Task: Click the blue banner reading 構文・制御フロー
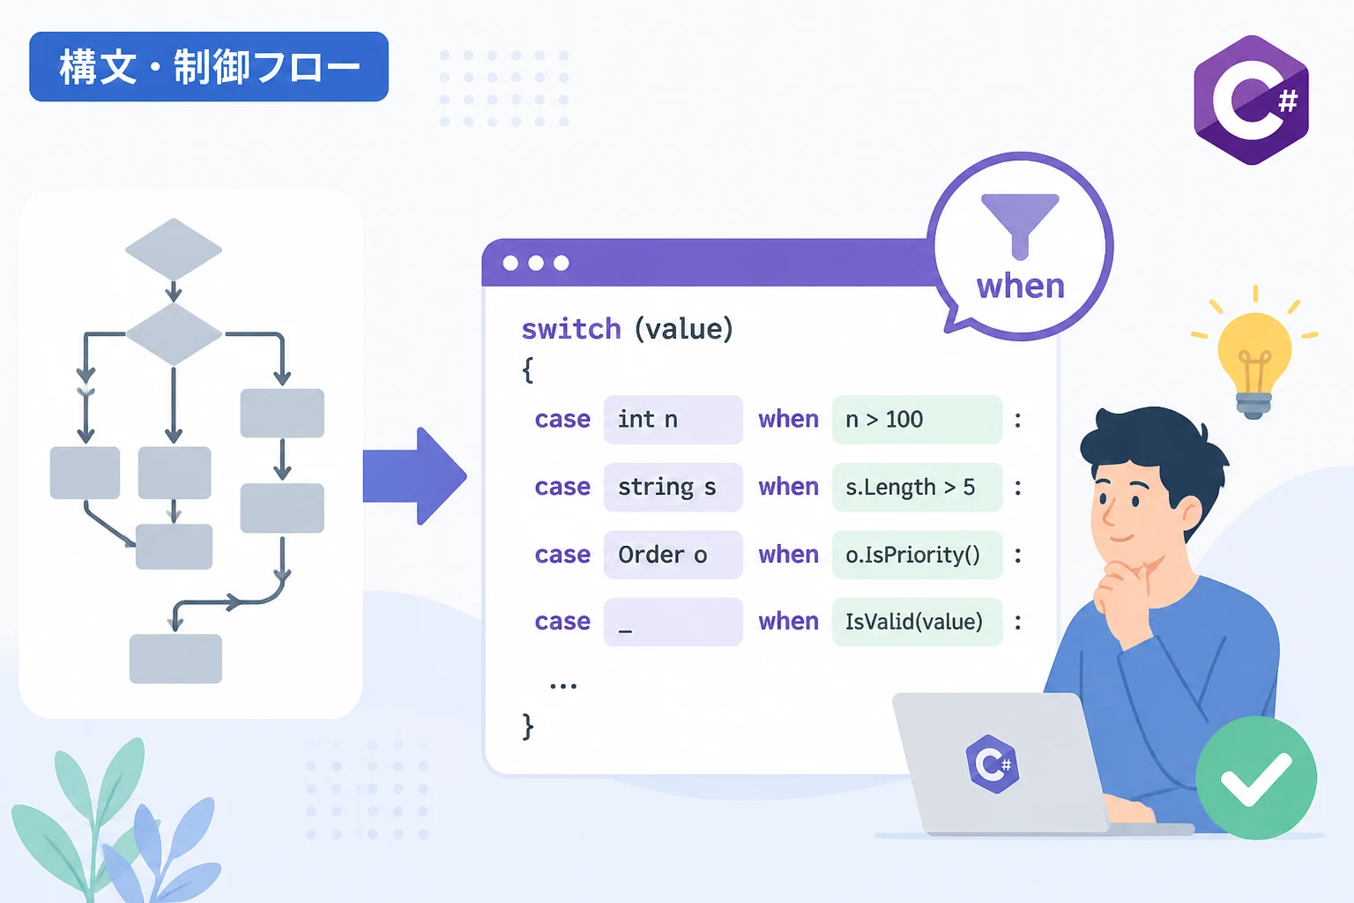[x=209, y=66]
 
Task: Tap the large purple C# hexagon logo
[x=1251, y=100]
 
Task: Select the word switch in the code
[x=571, y=330]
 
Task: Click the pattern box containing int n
[x=673, y=420]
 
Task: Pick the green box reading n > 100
[x=917, y=420]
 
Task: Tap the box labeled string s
[x=673, y=488]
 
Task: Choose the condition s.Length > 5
[x=917, y=488]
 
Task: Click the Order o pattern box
[x=673, y=555]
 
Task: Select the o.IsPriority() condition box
[x=917, y=555]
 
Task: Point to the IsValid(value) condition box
[x=917, y=622]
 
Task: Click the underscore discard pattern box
[x=673, y=622]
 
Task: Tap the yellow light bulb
[x=1254, y=363]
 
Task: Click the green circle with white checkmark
[x=1256, y=778]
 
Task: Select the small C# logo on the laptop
[x=993, y=764]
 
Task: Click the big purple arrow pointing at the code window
[x=414, y=476]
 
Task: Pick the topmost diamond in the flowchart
[x=174, y=250]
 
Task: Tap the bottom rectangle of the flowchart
[x=175, y=659]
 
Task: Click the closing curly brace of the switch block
[x=528, y=727]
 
